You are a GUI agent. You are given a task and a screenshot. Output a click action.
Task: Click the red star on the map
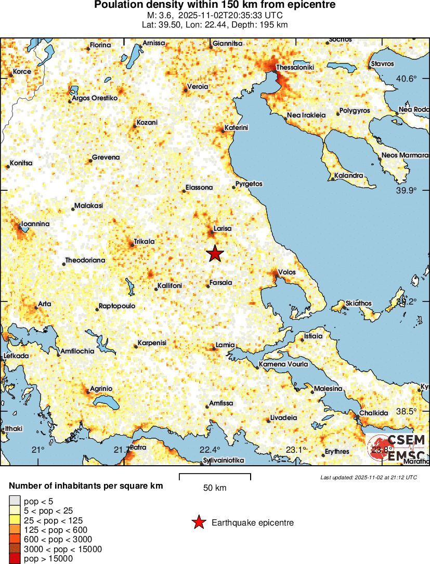(215, 253)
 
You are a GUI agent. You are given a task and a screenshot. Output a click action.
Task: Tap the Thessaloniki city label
(295, 67)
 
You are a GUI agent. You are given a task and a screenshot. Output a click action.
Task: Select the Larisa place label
(223, 228)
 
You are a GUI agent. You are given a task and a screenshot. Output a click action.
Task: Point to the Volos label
(286, 271)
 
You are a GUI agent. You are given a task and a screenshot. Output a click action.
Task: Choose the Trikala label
(144, 241)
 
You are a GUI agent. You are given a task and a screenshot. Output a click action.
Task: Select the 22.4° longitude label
(210, 450)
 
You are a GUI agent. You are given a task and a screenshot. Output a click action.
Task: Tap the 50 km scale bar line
(215, 475)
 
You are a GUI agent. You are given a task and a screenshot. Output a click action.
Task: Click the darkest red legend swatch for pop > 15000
(14, 559)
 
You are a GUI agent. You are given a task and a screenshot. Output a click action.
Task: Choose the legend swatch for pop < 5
(14, 501)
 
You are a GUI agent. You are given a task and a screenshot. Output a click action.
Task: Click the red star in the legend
(199, 522)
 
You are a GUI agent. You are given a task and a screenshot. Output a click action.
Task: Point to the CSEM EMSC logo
(398, 449)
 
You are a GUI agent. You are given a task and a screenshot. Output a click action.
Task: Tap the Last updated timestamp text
(368, 477)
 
